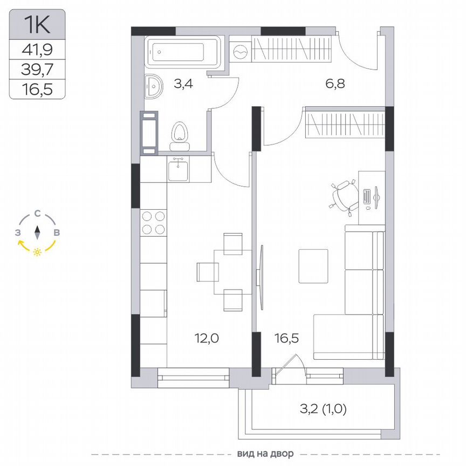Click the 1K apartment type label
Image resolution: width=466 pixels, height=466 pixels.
click(x=37, y=24)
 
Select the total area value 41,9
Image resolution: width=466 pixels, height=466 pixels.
click(x=37, y=50)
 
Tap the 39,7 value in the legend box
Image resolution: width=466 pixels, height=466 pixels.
click(x=37, y=69)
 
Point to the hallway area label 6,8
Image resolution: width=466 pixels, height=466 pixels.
click(x=335, y=84)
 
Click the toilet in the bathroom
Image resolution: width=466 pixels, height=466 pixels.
click(x=180, y=135)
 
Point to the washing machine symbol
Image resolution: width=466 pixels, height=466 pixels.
click(x=239, y=52)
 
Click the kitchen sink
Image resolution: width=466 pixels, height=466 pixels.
click(x=178, y=170)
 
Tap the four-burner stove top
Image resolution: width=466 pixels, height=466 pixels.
click(x=153, y=222)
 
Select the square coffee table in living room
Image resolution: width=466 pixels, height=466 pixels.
click(x=314, y=266)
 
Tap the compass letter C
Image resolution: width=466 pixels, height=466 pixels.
click(x=37, y=213)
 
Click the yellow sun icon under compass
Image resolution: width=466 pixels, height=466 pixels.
click(x=37, y=252)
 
